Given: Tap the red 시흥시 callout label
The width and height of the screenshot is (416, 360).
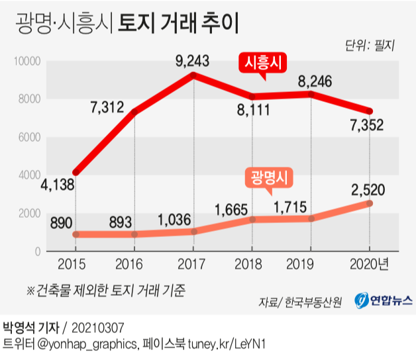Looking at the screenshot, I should (261, 64).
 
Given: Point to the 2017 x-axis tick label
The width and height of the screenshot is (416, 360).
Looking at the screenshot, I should (192, 264).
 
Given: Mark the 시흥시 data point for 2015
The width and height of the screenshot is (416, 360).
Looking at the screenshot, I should (76, 172).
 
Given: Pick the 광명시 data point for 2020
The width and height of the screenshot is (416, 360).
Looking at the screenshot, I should (370, 203).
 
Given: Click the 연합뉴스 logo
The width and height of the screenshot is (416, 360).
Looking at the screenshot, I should (381, 300).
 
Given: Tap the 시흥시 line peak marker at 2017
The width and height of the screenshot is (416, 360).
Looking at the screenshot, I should (193, 75).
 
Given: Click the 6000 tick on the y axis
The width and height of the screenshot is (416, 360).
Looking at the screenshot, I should (30, 137).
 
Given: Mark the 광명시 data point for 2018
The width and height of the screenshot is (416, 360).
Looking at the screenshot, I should (251, 220).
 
